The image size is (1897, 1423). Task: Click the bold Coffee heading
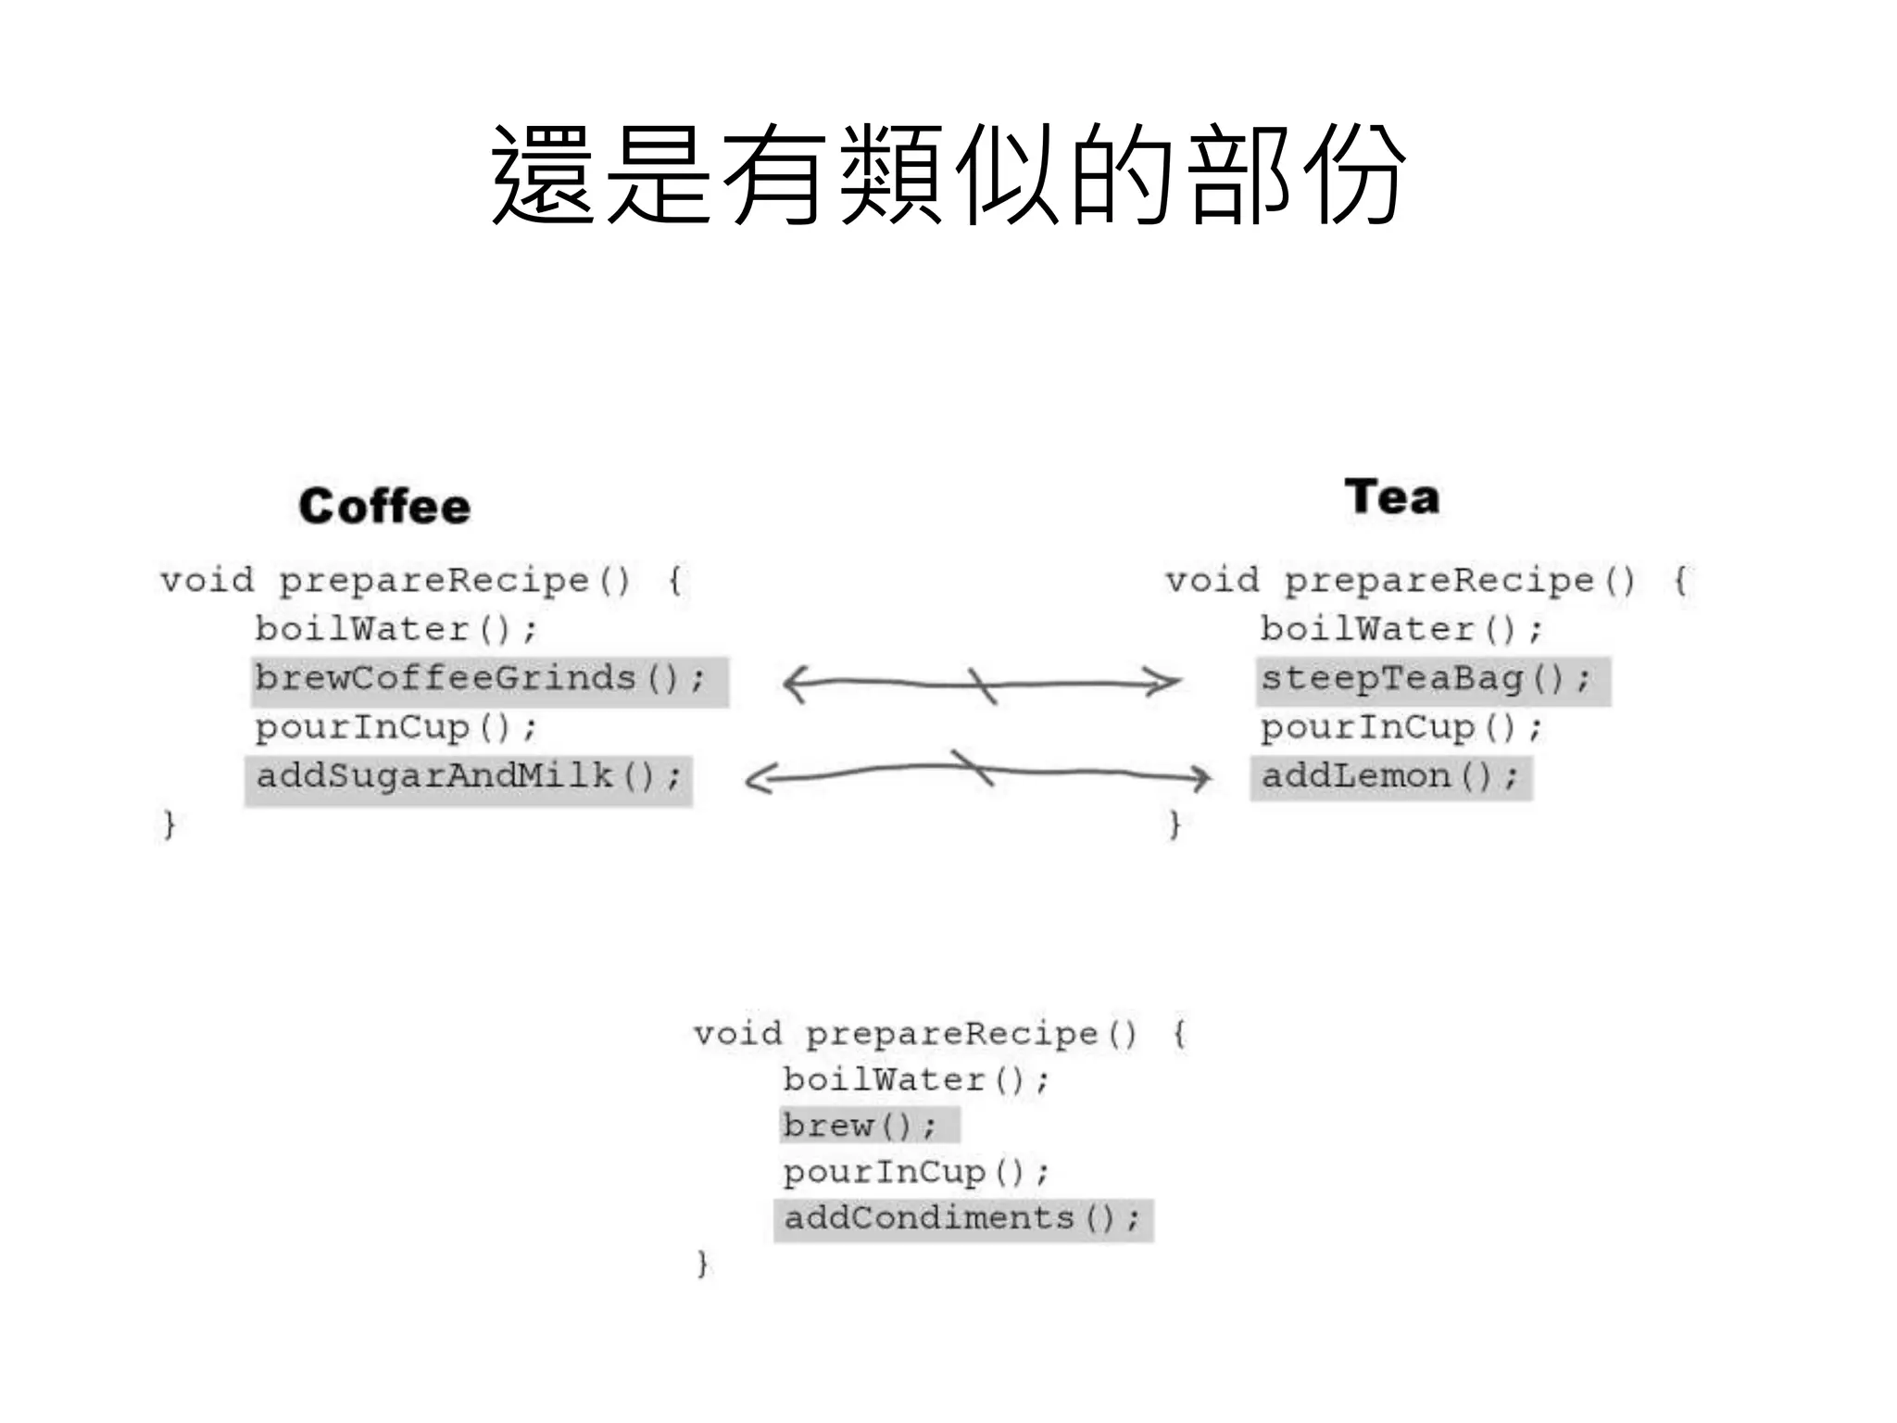(x=384, y=507)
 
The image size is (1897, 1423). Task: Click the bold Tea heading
(x=1392, y=497)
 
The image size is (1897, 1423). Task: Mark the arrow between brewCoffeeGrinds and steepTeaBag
(x=982, y=685)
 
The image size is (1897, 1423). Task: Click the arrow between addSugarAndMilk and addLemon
(x=977, y=772)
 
